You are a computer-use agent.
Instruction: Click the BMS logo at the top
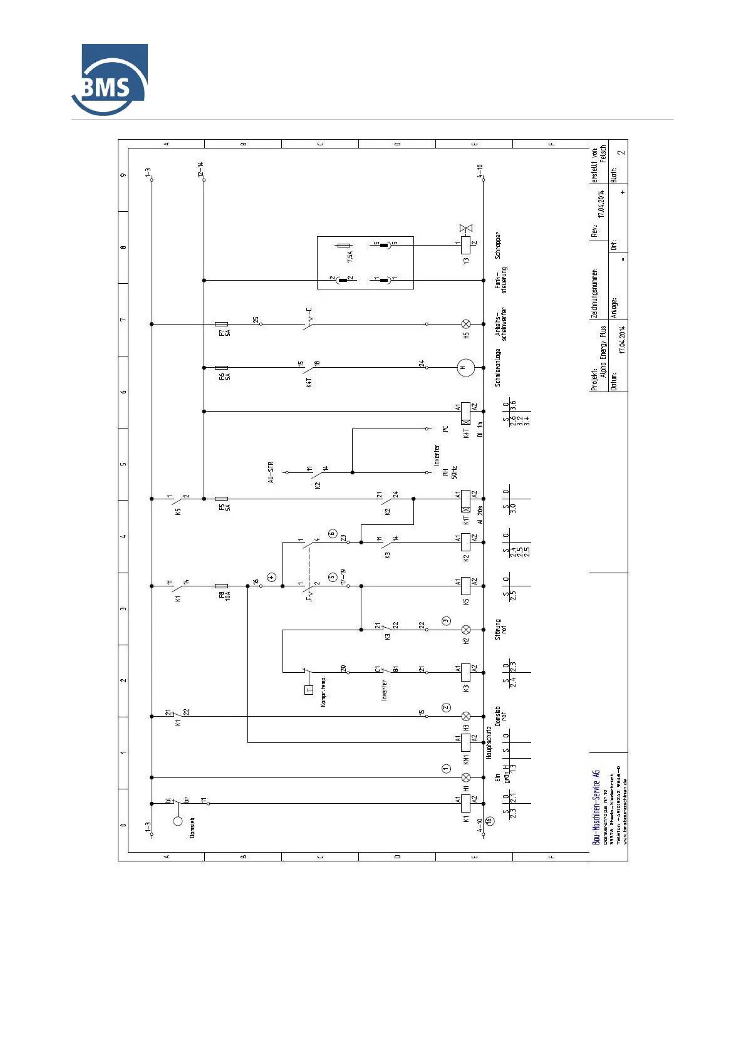pyautogui.click(x=110, y=80)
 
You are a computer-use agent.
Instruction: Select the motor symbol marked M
pyautogui.click(x=465, y=368)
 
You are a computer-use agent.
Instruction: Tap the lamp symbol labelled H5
pyautogui.click(x=465, y=324)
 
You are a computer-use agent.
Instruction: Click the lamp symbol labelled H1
pyautogui.click(x=465, y=777)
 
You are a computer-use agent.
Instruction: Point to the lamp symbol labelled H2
pyautogui.click(x=465, y=630)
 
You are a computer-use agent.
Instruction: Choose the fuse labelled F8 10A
pyautogui.click(x=221, y=586)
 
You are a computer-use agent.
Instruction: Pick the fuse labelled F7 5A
pyautogui.click(x=221, y=324)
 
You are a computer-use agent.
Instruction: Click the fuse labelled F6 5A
pyautogui.click(x=221, y=368)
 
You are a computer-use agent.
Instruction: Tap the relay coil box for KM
pyautogui.click(x=465, y=742)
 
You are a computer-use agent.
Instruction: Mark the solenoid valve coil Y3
pyautogui.click(x=465, y=245)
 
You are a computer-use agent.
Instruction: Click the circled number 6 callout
pyautogui.click(x=333, y=534)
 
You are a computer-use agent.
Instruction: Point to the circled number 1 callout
pyautogui.click(x=446, y=768)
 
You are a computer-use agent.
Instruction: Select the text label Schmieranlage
pyautogui.click(x=498, y=368)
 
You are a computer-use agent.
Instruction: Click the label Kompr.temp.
pyautogui.click(x=323, y=692)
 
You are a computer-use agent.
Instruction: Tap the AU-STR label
pyautogui.click(x=271, y=472)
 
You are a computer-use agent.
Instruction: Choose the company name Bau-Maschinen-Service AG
pyautogui.click(x=596, y=807)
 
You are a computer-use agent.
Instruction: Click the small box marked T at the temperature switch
pyautogui.click(x=308, y=690)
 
